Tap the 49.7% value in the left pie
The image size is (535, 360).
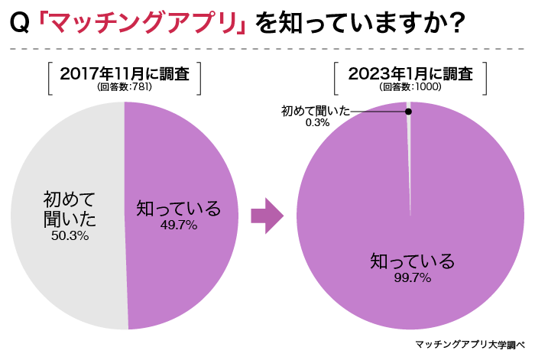(178, 225)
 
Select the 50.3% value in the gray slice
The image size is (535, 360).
(70, 236)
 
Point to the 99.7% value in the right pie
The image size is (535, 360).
(412, 278)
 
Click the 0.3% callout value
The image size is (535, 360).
(317, 122)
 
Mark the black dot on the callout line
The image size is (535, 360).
(408, 112)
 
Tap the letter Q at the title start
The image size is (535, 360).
(21, 25)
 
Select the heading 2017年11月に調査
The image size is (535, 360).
(125, 74)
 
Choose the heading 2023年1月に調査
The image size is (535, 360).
(410, 74)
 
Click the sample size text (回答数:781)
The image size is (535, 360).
(125, 87)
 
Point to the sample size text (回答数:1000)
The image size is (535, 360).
(410, 87)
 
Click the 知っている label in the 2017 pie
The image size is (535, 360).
(178, 208)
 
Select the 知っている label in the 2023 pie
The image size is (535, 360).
(412, 261)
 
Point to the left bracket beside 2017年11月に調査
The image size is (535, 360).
(50, 79)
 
